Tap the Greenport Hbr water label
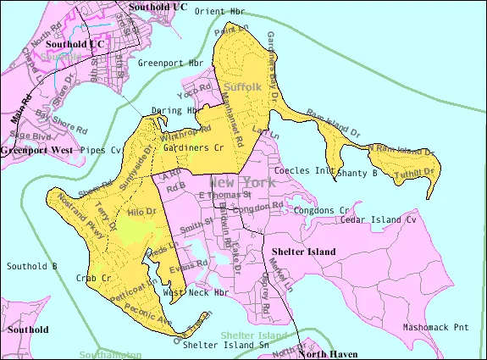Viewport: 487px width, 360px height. (171, 63)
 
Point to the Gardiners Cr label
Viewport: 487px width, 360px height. (193, 147)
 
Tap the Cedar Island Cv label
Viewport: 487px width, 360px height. (379, 219)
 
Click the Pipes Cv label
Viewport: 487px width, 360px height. (102, 150)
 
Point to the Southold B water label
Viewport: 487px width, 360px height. (31, 266)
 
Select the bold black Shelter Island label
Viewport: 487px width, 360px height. (304, 252)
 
